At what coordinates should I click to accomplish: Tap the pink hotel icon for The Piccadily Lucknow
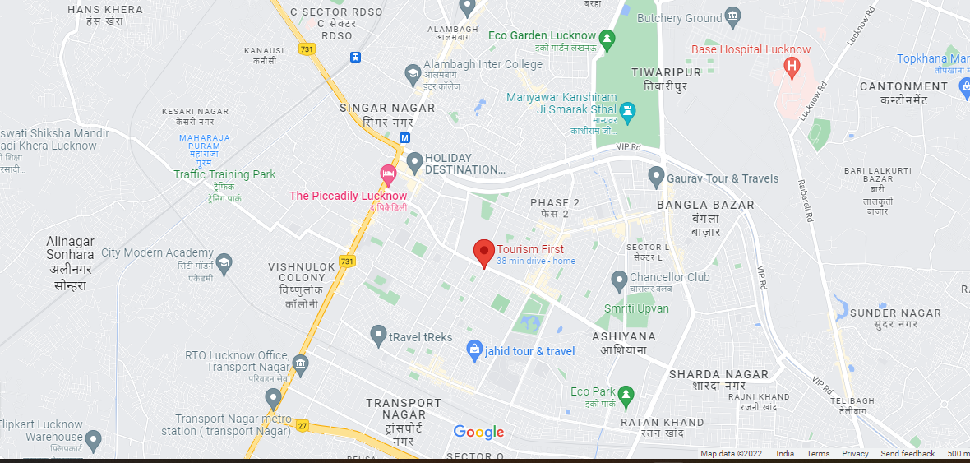[388, 174]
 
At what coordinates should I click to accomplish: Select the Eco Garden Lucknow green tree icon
[607, 37]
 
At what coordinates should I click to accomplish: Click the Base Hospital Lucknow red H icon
[792, 67]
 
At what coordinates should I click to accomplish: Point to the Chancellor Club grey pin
[620, 281]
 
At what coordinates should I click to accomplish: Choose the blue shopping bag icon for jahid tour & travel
[473, 350]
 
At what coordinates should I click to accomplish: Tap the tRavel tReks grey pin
[378, 336]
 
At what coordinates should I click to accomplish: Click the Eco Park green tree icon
[626, 395]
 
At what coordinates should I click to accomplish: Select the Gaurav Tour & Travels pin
[656, 176]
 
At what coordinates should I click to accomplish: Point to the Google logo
[478, 433]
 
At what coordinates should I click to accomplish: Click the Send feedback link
[908, 454]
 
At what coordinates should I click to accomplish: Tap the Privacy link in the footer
[855, 454]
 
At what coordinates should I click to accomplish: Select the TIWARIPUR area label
[666, 72]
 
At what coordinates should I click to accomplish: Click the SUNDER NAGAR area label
[895, 313]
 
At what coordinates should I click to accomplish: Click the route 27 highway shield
[303, 425]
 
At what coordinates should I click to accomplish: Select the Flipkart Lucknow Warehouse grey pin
[94, 441]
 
